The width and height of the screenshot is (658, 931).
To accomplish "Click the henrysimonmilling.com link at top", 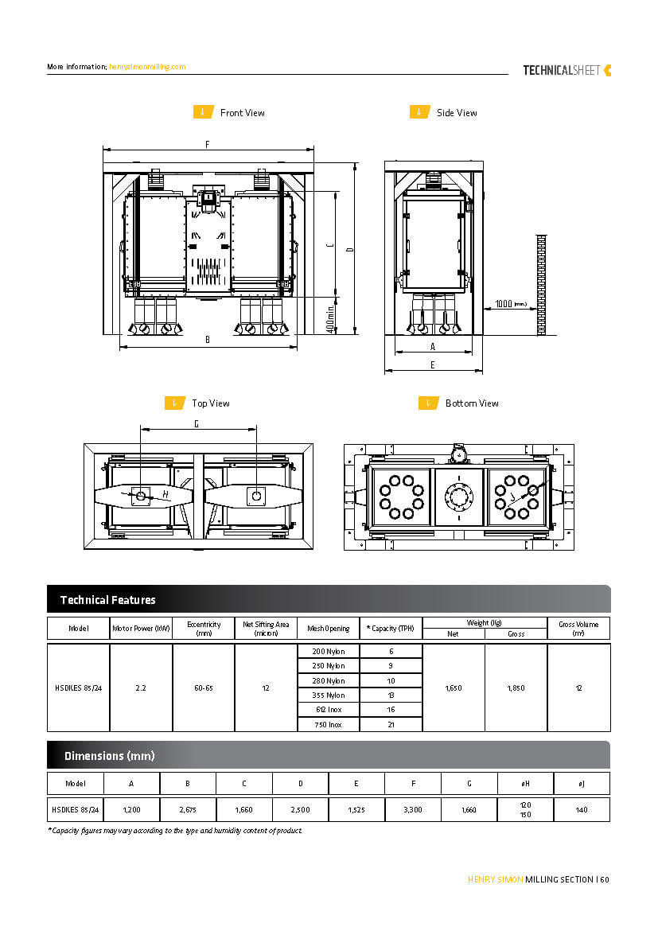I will coord(147,67).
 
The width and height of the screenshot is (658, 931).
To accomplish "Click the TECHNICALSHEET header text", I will coord(562,70).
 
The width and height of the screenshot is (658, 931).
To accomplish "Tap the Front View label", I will coord(242,113).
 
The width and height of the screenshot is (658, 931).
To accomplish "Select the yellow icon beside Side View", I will coord(420,112).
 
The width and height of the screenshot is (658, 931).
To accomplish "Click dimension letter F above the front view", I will coord(207,145).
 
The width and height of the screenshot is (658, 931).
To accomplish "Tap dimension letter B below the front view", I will coord(207,340).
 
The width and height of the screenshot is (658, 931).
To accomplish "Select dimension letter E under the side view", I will coord(432,364).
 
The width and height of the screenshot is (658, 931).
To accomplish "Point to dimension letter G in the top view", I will coord(197,424).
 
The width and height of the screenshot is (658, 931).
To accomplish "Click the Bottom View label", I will coord(472,403).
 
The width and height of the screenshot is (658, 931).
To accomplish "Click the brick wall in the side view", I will coord(541,283).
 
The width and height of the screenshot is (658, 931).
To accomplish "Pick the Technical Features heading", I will coord(108,600).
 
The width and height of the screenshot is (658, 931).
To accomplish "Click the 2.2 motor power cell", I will coord(141,688).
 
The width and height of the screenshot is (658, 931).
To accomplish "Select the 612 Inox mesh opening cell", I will coord(329,710).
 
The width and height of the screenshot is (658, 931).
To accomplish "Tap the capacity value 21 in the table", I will coord(391,725).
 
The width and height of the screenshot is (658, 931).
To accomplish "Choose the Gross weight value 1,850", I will coord(516,688).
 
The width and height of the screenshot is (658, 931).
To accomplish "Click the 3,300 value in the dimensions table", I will coord(413,809).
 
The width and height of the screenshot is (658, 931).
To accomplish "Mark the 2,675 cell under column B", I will coord(188,809).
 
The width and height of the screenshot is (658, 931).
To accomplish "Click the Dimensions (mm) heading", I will coord(110,755).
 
